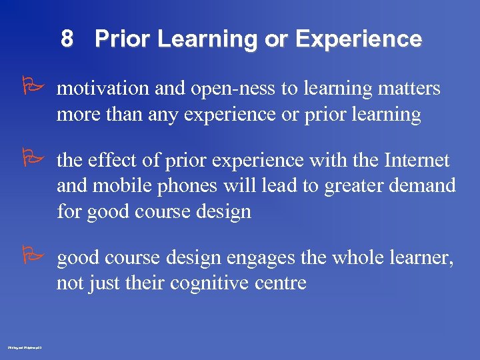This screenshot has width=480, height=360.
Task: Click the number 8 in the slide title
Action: pyautogui.click(x=67, y=39)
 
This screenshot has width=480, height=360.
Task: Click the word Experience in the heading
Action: pyautogui.click(x=358, y=39)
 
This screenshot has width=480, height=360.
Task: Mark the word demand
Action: pyautogui.click(x=427, y=186)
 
